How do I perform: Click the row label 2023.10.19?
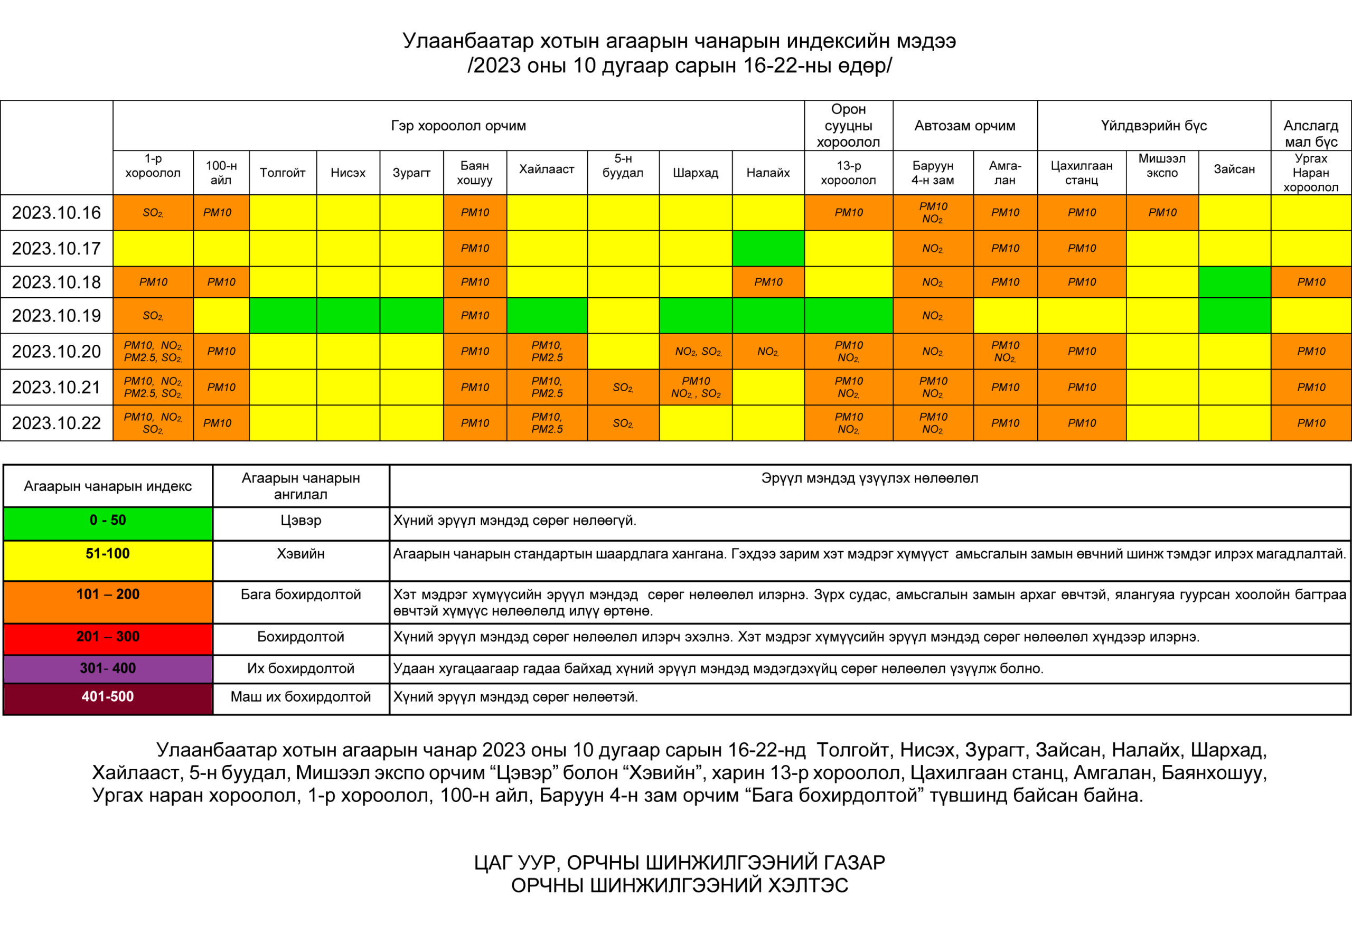point(57,315)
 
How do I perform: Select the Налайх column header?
point(768,172)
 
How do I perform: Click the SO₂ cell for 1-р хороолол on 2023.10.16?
point(153,212)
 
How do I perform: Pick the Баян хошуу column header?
point(475,172)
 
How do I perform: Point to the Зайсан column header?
point(1234,169)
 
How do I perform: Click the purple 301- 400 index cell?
point(108,668)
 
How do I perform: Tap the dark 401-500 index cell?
point(108,696)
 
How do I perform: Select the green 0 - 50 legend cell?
point(108,520)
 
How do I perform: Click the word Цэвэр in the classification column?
point(301,520)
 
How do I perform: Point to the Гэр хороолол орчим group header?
point(458,126)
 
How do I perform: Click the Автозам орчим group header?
point(964,126)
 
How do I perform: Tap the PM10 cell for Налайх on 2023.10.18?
point(768,281)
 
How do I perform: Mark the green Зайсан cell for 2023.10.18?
point(1234,281)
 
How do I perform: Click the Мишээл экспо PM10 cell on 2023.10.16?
point(1162,212)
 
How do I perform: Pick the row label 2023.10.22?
point(57,423)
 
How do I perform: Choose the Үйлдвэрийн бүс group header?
point(1153,126)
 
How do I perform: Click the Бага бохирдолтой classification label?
point(301,594)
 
